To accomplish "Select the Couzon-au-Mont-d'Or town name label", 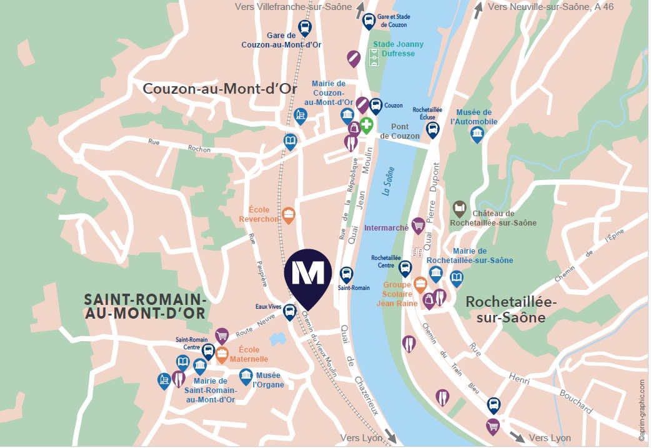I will [x=220, y=89].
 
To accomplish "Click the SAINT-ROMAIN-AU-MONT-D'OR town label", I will [x=146, y=306].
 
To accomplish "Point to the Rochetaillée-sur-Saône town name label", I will [x=511, y=309].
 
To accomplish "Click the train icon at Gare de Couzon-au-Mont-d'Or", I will [x=304, y=27].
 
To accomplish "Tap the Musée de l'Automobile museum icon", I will [x=477, y=133].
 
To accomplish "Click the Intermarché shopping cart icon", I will [x=418, y=224].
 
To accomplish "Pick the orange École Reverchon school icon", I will [x=288, y=215].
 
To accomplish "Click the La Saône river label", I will [x=388, y=181].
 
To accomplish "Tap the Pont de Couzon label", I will [x=400, y=131].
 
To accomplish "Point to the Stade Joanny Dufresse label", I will [x=398, y=49].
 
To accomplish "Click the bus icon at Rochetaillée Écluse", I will [x=432, y=129].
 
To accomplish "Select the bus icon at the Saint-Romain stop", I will [x=346, y=274].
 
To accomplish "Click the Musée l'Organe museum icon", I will [x=246, y=376].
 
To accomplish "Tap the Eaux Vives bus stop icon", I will [x=289, y=311].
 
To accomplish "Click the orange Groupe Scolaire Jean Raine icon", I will [x=420, y=284].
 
